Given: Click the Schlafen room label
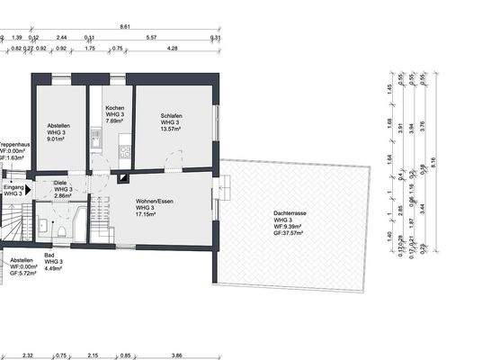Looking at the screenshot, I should [x=173, y=115].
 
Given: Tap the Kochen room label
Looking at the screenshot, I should [x=113, y=108].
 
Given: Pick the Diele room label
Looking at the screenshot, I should [x=60, y=182].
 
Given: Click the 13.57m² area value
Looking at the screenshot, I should [x=173, y=130].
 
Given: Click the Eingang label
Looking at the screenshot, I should [x=13, y=190].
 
